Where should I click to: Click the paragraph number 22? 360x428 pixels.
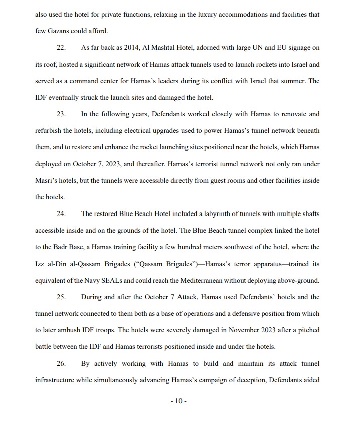[61, 48]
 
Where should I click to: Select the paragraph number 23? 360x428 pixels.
[61, 114]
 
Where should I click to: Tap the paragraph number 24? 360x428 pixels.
[61, 214]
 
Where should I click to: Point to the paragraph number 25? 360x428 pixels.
[61, 297]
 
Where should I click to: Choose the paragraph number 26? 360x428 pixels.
[61, 363]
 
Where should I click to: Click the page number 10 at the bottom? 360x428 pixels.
[178, 401]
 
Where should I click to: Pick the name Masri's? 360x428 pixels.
[47, 181]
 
